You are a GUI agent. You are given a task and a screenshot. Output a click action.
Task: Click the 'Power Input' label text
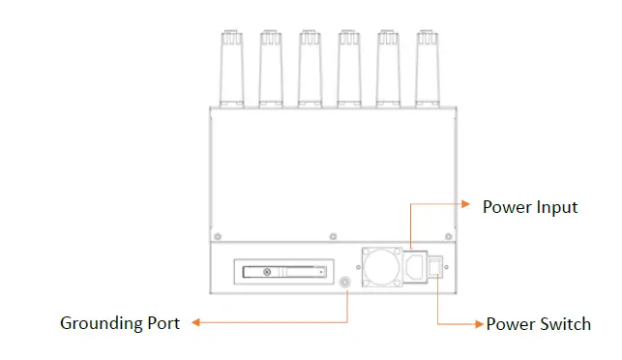(530, 207)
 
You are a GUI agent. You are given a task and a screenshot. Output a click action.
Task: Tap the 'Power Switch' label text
(538, 324)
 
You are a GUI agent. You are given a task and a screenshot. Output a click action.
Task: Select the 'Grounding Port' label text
(120, 323)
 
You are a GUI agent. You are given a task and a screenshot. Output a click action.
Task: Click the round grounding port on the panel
(347, 283)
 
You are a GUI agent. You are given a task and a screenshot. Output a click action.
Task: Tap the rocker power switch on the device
(438, 264)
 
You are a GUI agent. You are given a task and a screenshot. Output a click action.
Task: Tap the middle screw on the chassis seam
(333, 235)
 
